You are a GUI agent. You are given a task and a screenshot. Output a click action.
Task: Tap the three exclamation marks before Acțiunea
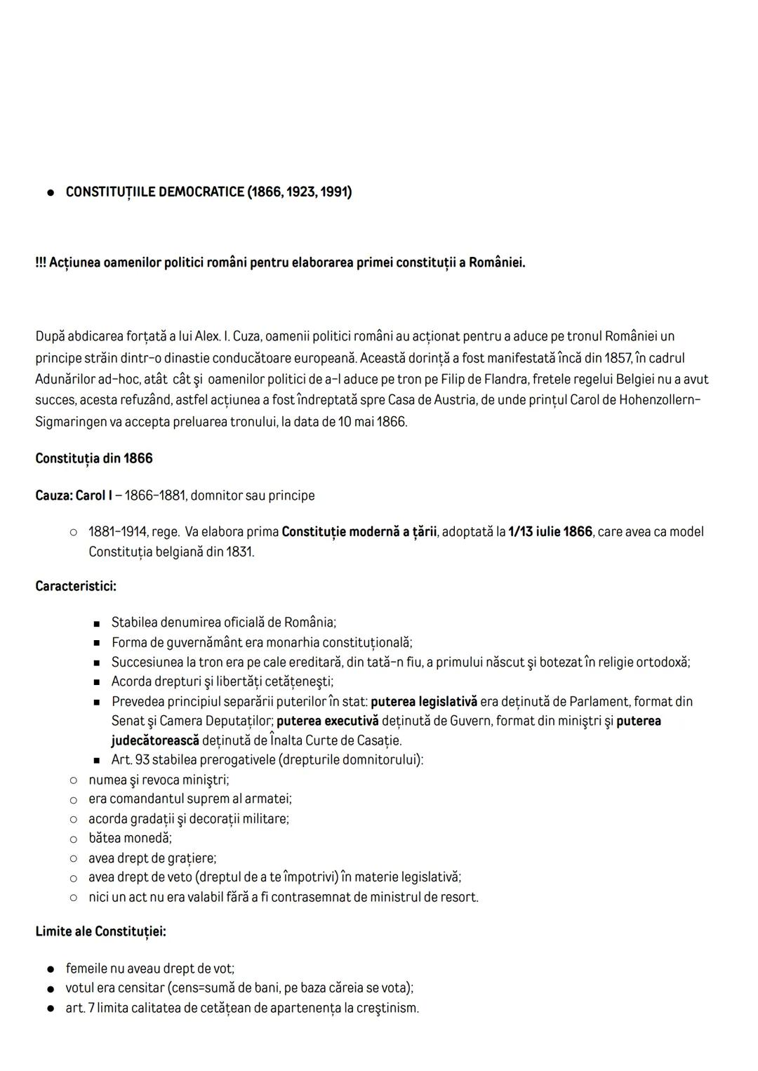[x=41, y=262]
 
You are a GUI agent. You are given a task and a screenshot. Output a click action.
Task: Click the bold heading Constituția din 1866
[x=94, y=458]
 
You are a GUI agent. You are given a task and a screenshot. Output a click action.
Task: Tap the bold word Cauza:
[x=53, y=495]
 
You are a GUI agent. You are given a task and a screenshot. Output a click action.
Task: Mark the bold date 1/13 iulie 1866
[x=550, y=532]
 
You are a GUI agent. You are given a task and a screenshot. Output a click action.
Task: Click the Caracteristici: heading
[x=76, y=585]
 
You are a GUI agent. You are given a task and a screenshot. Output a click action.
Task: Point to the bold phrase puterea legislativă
[x=424, y=701]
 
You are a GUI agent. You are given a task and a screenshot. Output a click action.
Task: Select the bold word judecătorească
[x=155, y=740]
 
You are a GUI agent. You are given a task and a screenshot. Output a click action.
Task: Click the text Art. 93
[x=130, y=760]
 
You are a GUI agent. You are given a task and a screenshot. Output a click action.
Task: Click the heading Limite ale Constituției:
[x=100, y=931]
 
